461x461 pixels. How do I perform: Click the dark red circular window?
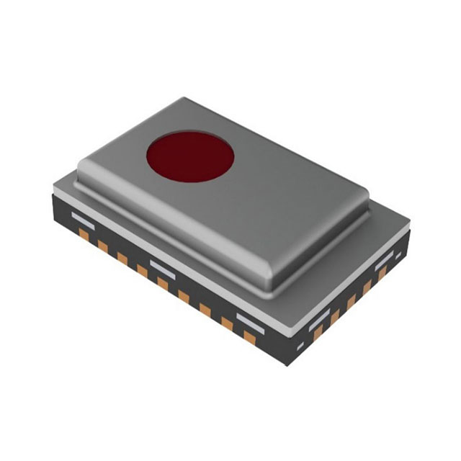pos(190,156)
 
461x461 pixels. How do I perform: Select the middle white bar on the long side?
pos(163,266)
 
